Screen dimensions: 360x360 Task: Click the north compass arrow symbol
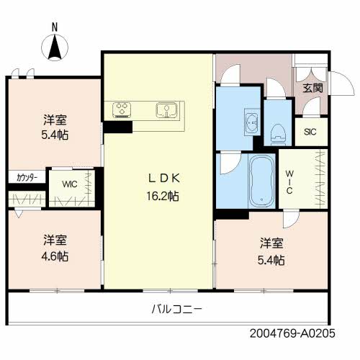[x=55, y=49]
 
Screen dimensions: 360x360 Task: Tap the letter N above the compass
[x=55, y=28]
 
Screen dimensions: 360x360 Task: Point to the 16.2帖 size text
[x=163, y=196]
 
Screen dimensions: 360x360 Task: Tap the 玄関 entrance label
[x=311, y=89]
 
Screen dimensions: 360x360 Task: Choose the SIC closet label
[x=310, y=132]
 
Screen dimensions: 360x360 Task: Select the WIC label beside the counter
[x=69, y=184]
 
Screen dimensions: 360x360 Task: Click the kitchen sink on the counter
[x=167, y=110]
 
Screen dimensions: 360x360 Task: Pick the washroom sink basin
[x=251, y=122]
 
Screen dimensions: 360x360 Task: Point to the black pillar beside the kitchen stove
[x=118, y=127]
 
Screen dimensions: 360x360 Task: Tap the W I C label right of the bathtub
[x=288, y=182]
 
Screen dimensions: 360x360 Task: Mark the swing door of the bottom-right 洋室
[x=291, y=220]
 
